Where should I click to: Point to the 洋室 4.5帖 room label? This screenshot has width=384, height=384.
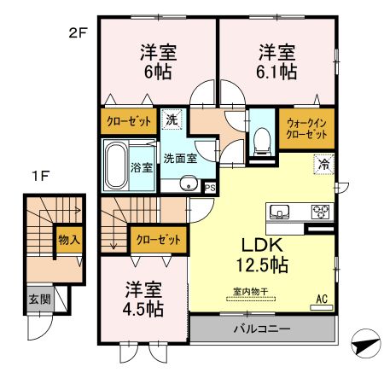coord(141,299)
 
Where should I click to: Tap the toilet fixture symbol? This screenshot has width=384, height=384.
coord(261,141)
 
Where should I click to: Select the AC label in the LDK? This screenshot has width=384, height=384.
coord(322,300)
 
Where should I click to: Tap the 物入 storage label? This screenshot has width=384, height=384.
coord(69,239)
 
